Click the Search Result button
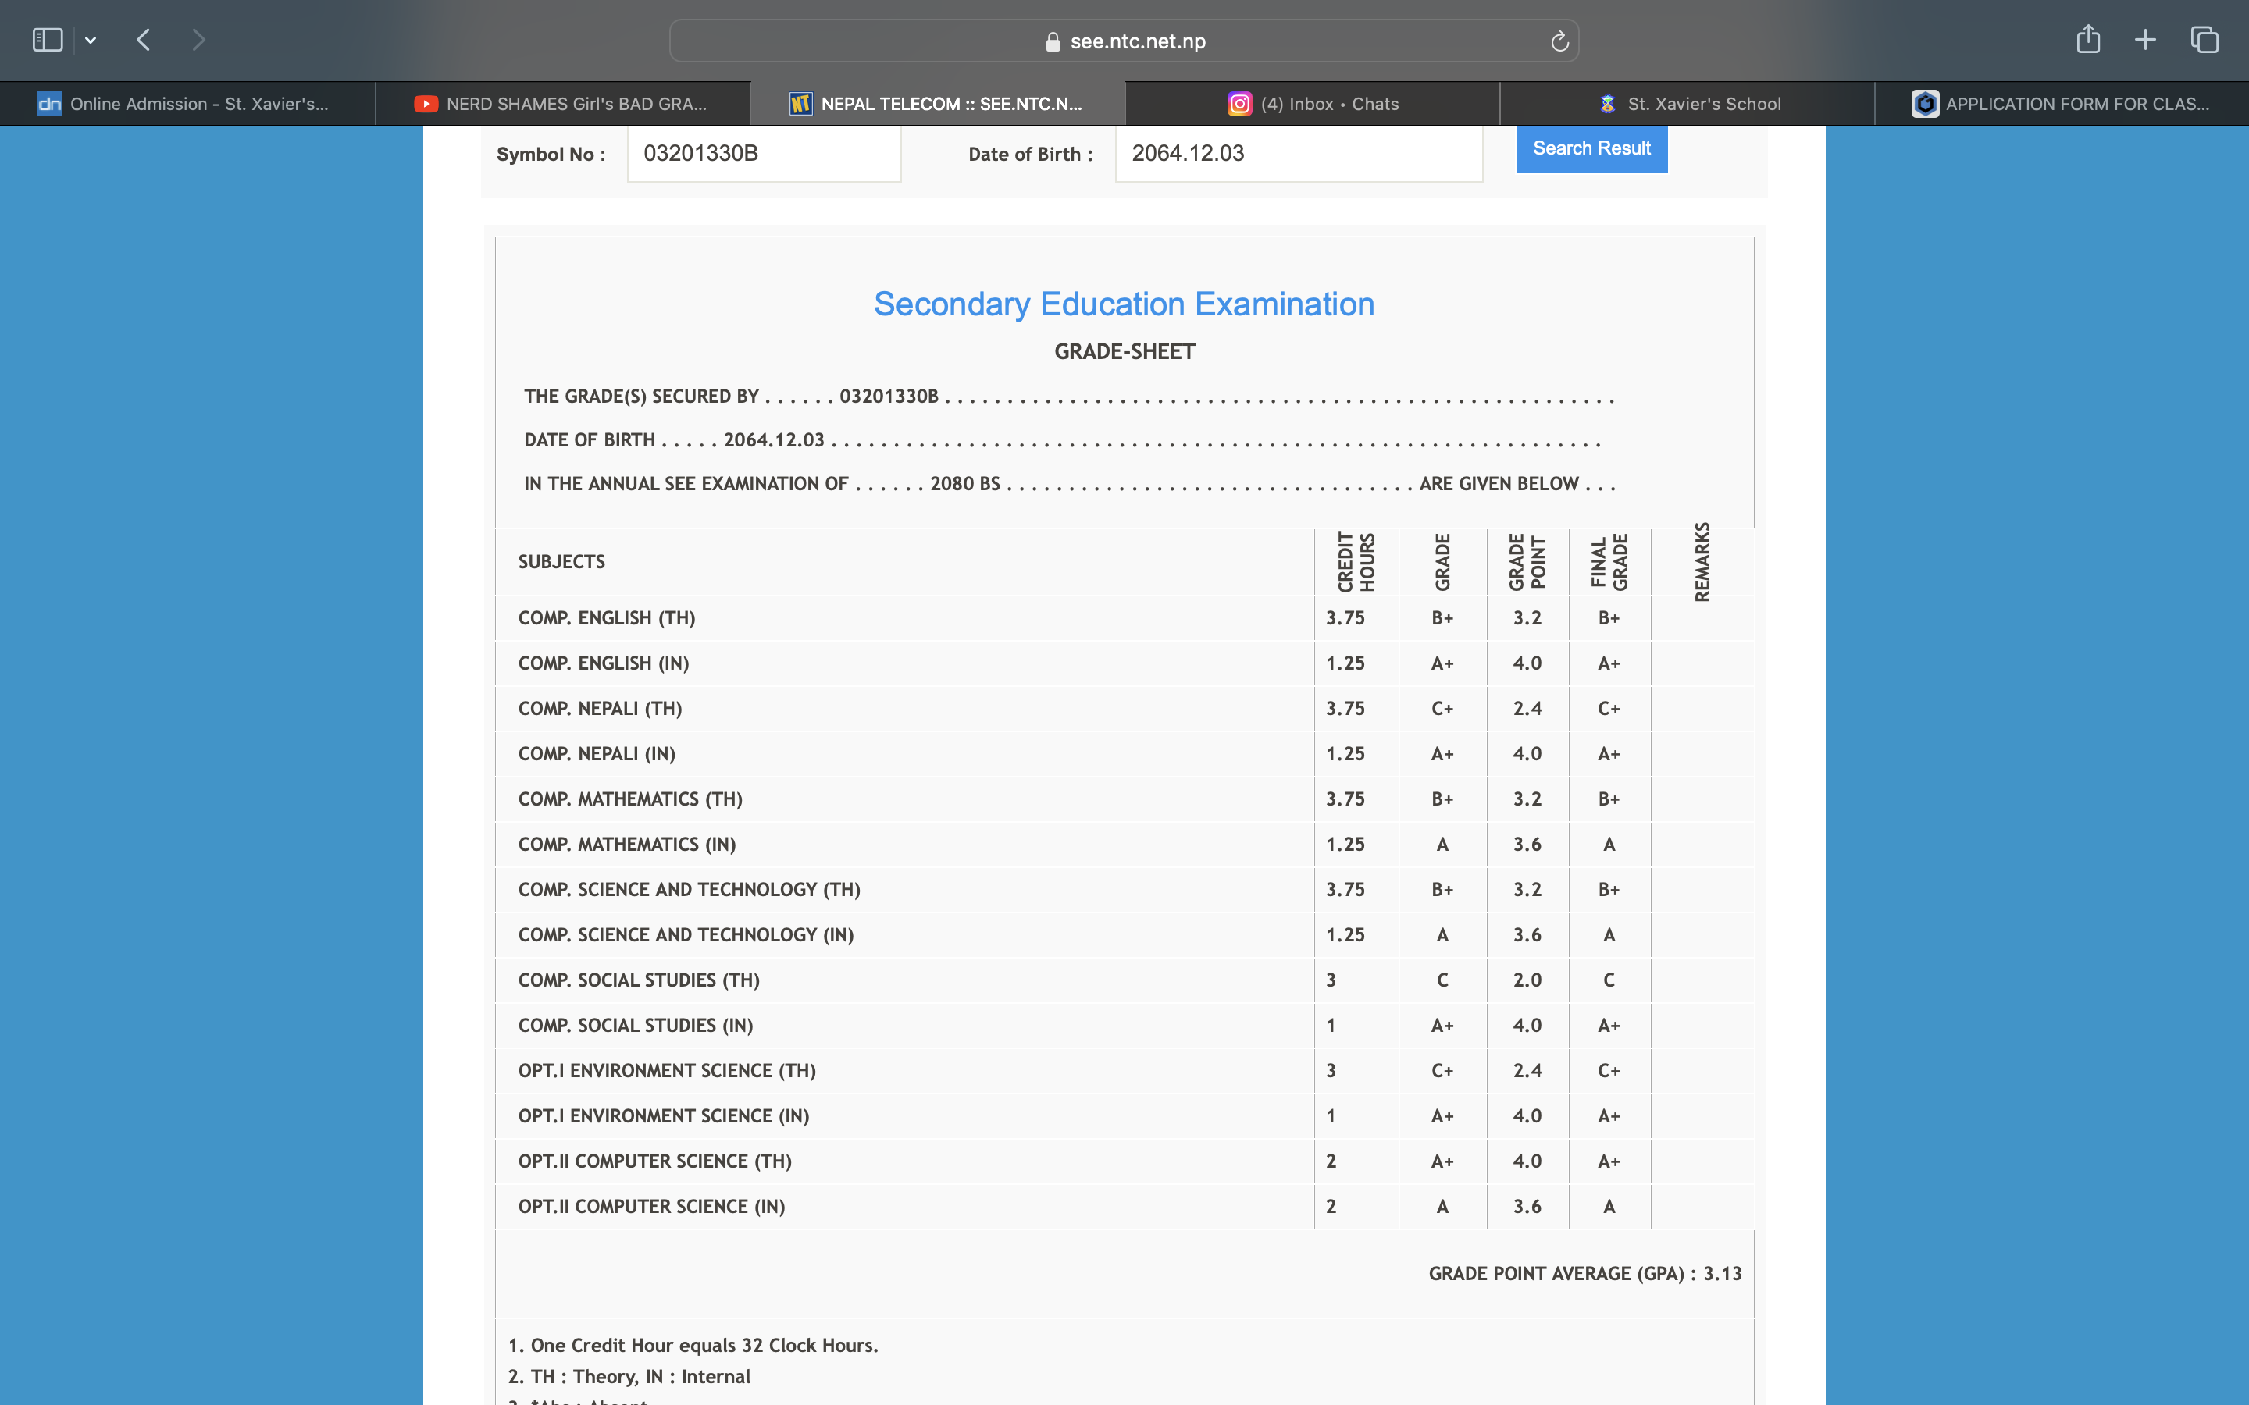[1591, 148]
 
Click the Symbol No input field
[763, 153]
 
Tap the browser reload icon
[1559, 41]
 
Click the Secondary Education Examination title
[1124, 304]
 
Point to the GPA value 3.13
[1722, 1273]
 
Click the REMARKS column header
[1702, 561]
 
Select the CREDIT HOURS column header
[1356, 561]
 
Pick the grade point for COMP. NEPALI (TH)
[1527, 708]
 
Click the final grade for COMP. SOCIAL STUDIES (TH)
[1609, 980]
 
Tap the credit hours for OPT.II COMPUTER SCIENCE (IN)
[1331, 1206]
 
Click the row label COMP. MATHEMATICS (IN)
[627, 844]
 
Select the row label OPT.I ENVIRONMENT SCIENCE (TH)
[667, 1070]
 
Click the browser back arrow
[143, 40]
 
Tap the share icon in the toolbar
[2087, 40]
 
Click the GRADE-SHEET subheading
[1124, 351]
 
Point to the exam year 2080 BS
[964, 483]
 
